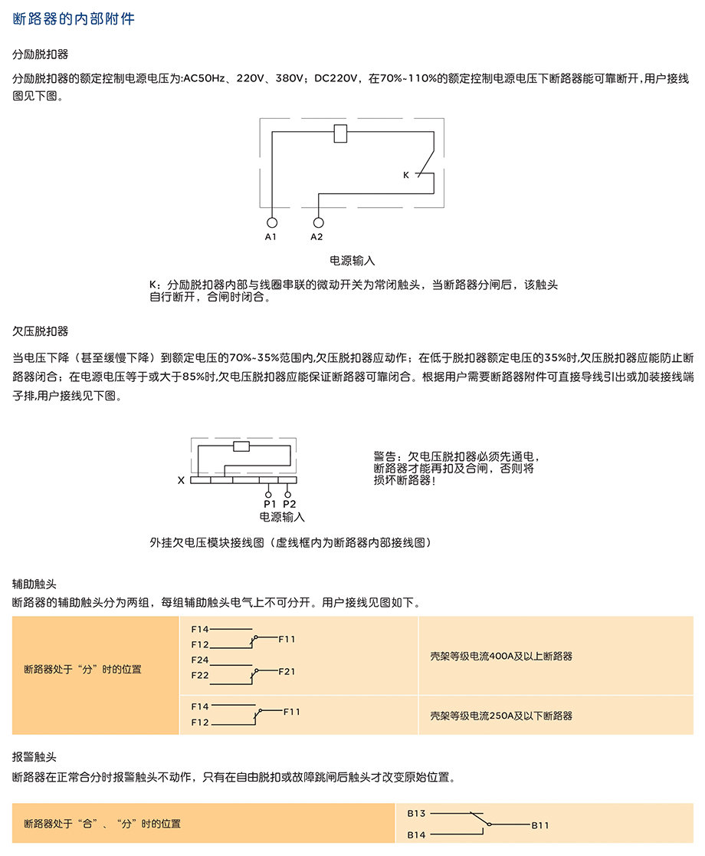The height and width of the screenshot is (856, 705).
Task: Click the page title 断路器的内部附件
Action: click(74, 19)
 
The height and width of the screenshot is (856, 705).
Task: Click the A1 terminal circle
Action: click(271, 222)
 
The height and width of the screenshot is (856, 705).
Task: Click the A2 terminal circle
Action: click(319, 222)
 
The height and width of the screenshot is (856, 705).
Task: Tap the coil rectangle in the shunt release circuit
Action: click(340, 133)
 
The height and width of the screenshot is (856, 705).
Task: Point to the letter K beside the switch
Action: click(405, 175)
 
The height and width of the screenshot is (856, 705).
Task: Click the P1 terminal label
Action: click(270, 504)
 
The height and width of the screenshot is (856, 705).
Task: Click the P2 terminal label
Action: click(290, 504)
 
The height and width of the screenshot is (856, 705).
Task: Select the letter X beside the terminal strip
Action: click(181, 480)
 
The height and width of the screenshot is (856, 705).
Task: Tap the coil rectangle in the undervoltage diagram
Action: click(241, 446)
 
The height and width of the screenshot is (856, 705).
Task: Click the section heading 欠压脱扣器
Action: click(41, 331)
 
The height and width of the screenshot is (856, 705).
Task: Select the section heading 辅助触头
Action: click(34, 584)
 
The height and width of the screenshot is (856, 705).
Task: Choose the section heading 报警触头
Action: click(34, 757)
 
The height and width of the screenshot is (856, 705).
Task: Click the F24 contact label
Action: click(200, 660)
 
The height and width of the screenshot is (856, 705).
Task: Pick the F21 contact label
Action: click(287, 671)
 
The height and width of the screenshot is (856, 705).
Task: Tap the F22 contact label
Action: click(200, 675)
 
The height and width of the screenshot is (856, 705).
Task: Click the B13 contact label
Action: click(417, 813)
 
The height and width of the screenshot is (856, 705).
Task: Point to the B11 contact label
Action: click(540, 825)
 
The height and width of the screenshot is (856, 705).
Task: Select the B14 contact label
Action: click(417, 835)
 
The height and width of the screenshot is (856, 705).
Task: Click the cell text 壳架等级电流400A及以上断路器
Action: click(501, 657)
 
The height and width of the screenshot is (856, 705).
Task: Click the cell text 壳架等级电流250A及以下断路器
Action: click(501, 716)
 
